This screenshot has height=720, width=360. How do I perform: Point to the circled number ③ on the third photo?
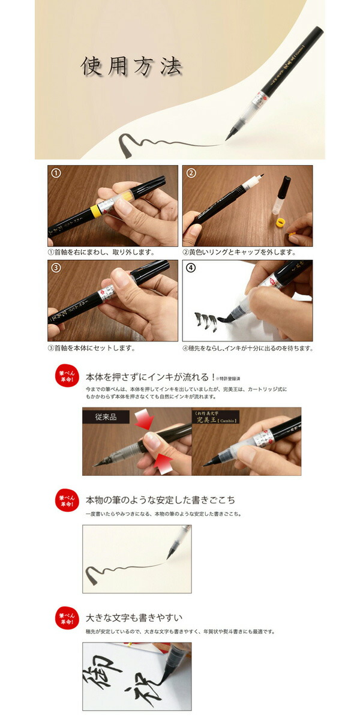pos(56,268)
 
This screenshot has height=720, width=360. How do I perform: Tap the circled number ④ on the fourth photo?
pos(191,268)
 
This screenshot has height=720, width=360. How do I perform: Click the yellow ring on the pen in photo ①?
pos(94,211)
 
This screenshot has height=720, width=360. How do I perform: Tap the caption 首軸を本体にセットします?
pos(91,347)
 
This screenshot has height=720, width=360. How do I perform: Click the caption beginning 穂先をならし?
pos(247,347)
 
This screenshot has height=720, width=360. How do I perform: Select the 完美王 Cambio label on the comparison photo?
pos(215,417)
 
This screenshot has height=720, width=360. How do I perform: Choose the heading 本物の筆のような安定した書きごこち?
pos(161,499)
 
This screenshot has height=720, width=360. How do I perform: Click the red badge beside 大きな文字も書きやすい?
pos(67,619)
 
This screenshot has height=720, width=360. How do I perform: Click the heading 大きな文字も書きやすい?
pos(134,617)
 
